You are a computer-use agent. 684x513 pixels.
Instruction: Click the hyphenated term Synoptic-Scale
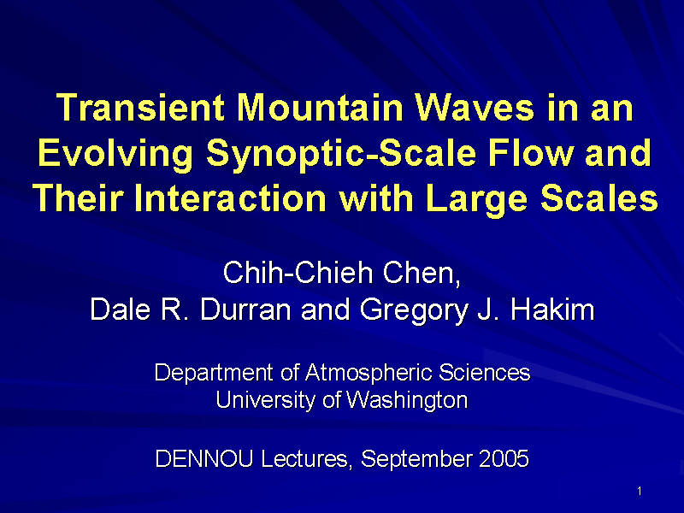click(340, 154)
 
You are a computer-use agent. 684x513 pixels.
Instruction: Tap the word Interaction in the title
click(230, 198)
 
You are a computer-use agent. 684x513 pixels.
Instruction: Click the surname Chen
click(422, 274)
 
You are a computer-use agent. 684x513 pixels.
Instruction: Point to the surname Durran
click(245, 310)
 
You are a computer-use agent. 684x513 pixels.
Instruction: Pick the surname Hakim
click(552, 310)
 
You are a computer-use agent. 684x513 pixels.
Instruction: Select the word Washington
click(407, 400)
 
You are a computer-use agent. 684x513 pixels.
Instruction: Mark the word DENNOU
click(204, 458)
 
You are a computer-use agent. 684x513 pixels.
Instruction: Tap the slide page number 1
click(640, 491)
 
